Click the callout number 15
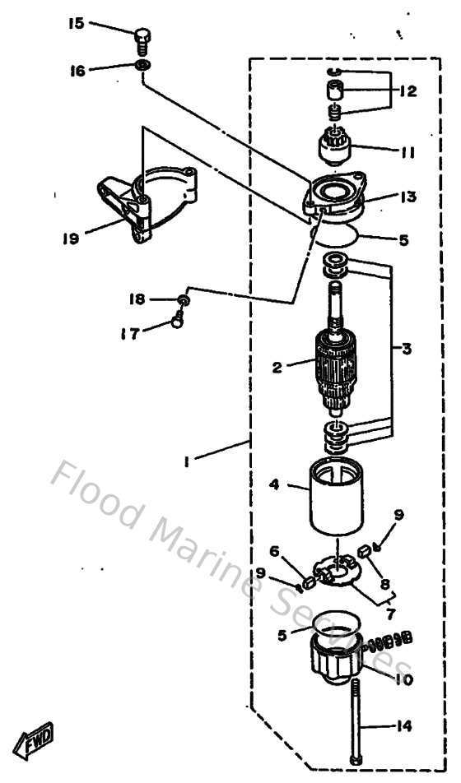point(76,24)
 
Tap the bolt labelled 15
point(142,39)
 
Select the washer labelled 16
point(143,65)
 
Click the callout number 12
point(408,91)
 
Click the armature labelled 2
point(337,367)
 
